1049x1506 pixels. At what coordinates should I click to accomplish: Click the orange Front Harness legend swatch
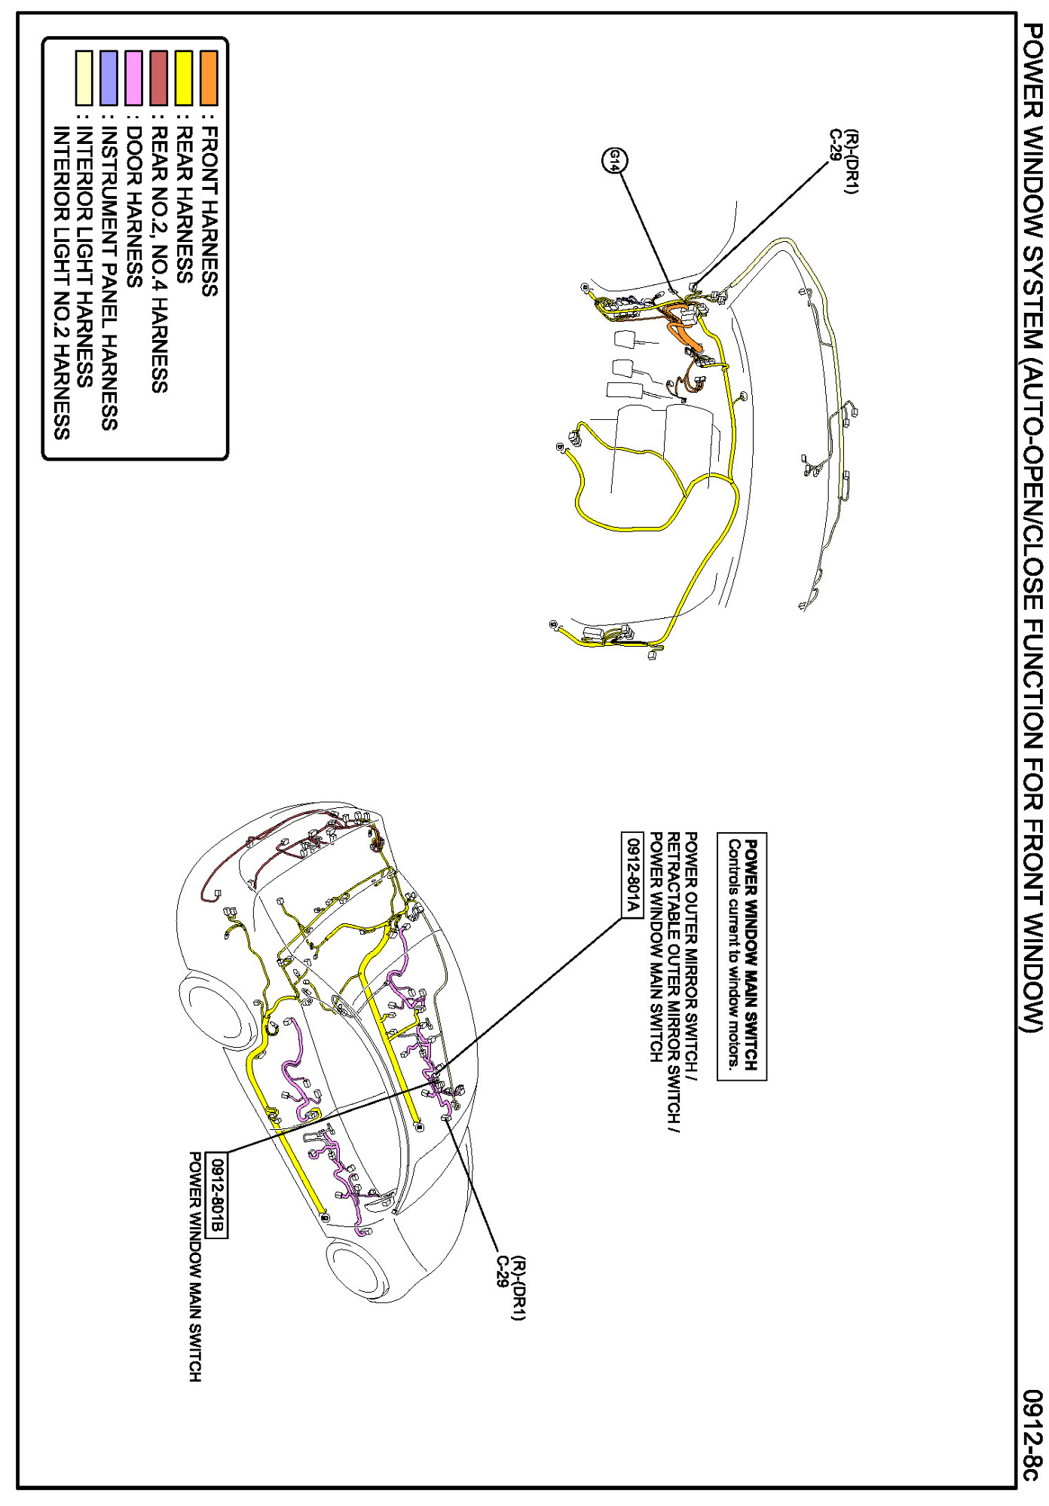coord(209,78)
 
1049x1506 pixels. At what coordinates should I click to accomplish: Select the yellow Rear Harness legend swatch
coord(184,78)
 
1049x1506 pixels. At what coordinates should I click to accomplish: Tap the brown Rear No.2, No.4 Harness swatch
coord(159,78)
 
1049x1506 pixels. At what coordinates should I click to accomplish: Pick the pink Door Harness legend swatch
coord(134,78)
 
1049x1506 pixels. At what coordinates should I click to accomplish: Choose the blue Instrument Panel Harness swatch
coord(109,78)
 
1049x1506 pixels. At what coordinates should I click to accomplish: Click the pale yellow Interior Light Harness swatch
coord(84,78)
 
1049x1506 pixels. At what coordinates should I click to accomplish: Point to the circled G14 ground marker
coord(615,160)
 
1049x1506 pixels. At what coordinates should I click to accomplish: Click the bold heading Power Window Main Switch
coord(751,956)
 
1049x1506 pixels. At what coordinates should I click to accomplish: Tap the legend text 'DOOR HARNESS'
coord(134,207)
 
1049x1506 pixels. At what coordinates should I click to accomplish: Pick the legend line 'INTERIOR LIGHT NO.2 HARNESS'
coord(61,283)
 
